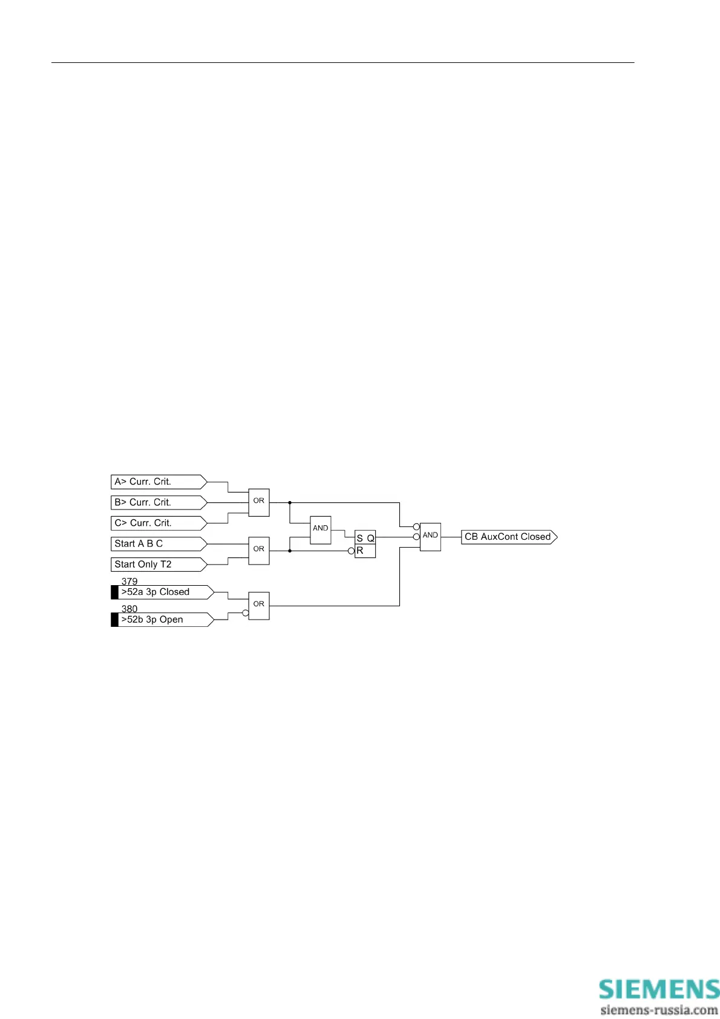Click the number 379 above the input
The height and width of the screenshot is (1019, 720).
(x=129, y=582)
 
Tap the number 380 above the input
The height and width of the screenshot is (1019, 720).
(x=129, y=609)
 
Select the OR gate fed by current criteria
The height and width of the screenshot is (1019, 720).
(x=259, y=502)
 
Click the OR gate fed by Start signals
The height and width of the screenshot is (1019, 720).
(x=259, y=551)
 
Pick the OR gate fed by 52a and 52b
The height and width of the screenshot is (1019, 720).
(x=259, y=605)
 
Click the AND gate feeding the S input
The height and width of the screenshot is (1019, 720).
(x=321, y=529)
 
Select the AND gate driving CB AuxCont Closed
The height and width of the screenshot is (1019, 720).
(x=430, y=537)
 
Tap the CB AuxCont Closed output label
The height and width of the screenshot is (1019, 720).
(x=508, y=537)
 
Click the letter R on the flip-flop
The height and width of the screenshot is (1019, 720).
(x=360, y=551)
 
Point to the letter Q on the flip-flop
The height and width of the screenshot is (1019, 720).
(x=370, y=538)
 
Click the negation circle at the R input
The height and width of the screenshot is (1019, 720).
(x=352, y=551)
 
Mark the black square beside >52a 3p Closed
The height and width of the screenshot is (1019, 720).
(x=115, y=592)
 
